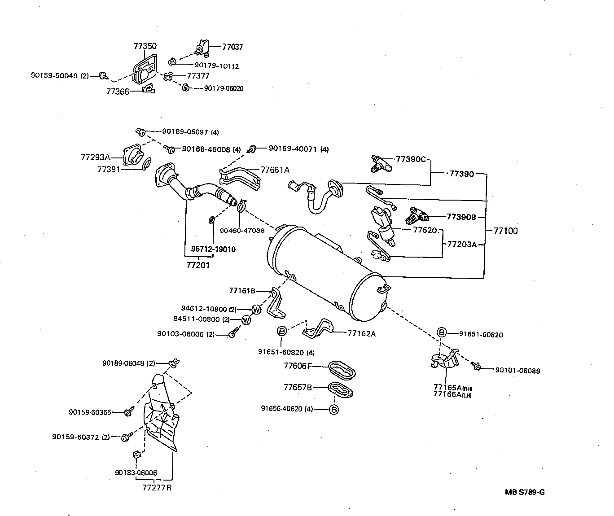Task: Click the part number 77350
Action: (145, 46)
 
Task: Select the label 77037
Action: (232, 47)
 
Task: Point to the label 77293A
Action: (95, 157)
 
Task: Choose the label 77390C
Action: (410, 159)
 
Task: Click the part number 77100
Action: (505, 231)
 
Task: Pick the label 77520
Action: (425, 230)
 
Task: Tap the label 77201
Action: (198, 265)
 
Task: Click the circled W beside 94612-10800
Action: (256, 309)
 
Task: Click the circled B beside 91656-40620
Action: (333, 409)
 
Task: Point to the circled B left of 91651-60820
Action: (442, 332)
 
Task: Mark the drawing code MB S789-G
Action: (524, 492)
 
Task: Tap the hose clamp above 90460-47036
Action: (241, 206)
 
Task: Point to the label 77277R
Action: (157, 488)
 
